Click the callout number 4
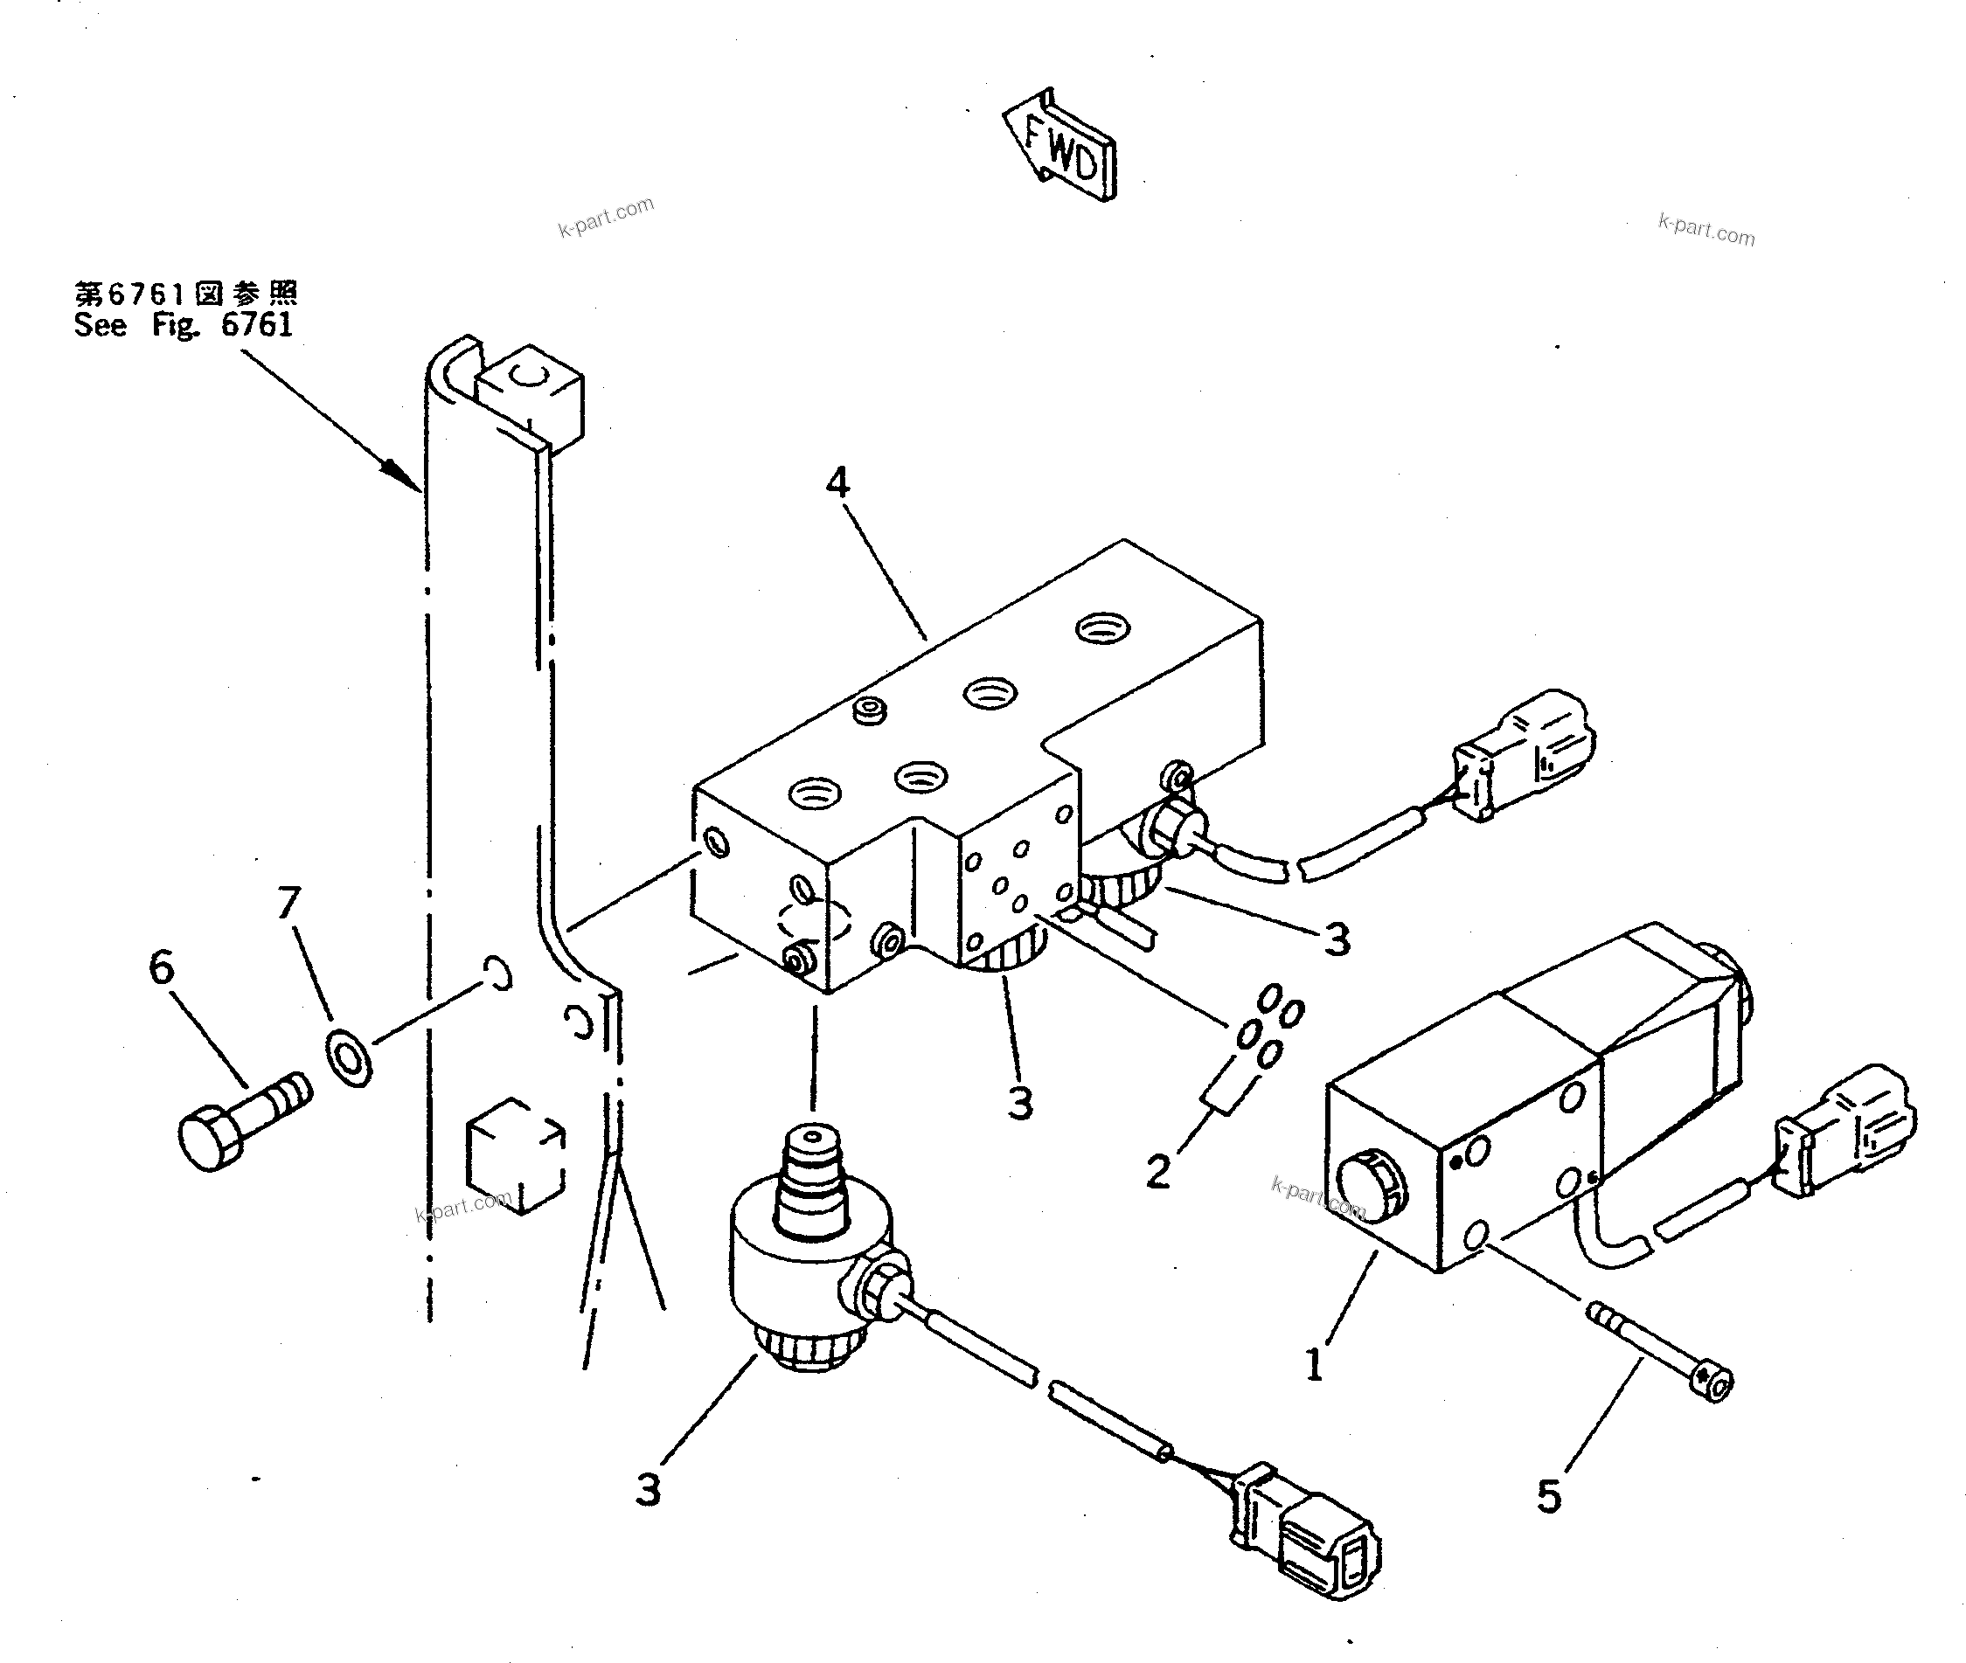837,482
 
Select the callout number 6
163,967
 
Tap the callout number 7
288,901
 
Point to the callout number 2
1158,1172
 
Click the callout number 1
1315,1364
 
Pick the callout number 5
1548,1496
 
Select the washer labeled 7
349,1057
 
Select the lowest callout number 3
648,1490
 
